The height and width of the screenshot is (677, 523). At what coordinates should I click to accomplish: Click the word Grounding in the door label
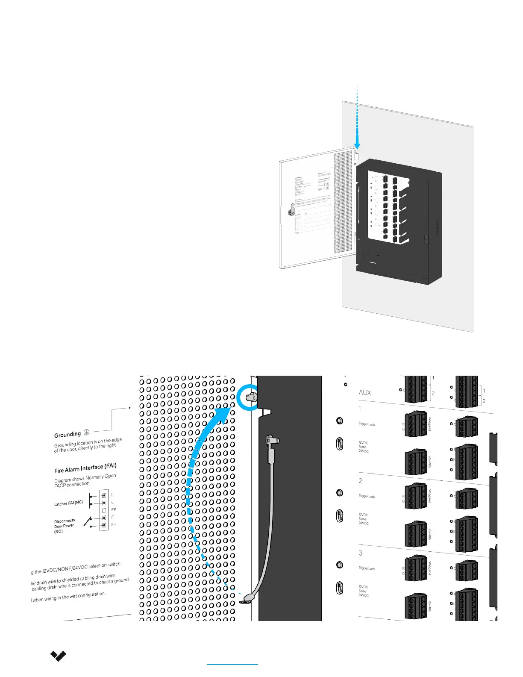68,435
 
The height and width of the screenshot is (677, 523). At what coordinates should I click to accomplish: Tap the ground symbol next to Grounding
86,432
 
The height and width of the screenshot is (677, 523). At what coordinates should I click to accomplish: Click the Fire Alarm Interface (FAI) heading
85,468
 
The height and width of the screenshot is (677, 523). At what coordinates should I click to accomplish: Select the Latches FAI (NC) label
68,503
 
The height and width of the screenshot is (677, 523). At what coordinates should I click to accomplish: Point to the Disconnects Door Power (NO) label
65,526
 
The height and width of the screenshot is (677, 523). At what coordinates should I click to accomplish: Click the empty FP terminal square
104,510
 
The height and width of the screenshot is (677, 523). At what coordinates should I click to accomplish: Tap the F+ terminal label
114,524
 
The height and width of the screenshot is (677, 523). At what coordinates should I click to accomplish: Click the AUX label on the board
365,392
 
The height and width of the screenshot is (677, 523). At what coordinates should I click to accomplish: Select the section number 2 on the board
361,481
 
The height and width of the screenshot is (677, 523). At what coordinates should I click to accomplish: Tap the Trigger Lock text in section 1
367,424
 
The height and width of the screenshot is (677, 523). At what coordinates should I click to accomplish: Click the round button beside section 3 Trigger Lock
339,565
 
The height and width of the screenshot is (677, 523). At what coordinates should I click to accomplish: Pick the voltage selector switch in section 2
340,516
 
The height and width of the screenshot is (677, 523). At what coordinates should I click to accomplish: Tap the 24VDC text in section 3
364,595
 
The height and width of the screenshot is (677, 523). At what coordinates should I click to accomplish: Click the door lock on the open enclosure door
292,210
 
